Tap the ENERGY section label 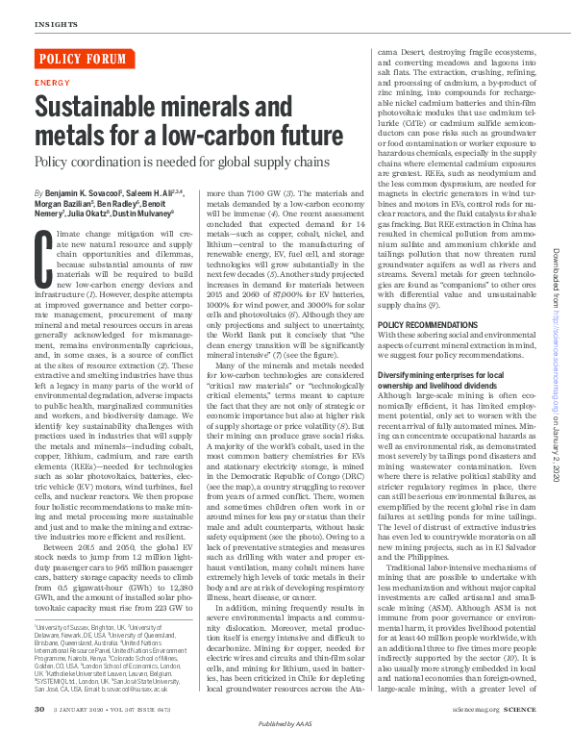pos(51,84)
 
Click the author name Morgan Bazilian pos(62,205)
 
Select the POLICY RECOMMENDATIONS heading pos(426,352)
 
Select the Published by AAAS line pos(285,722)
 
